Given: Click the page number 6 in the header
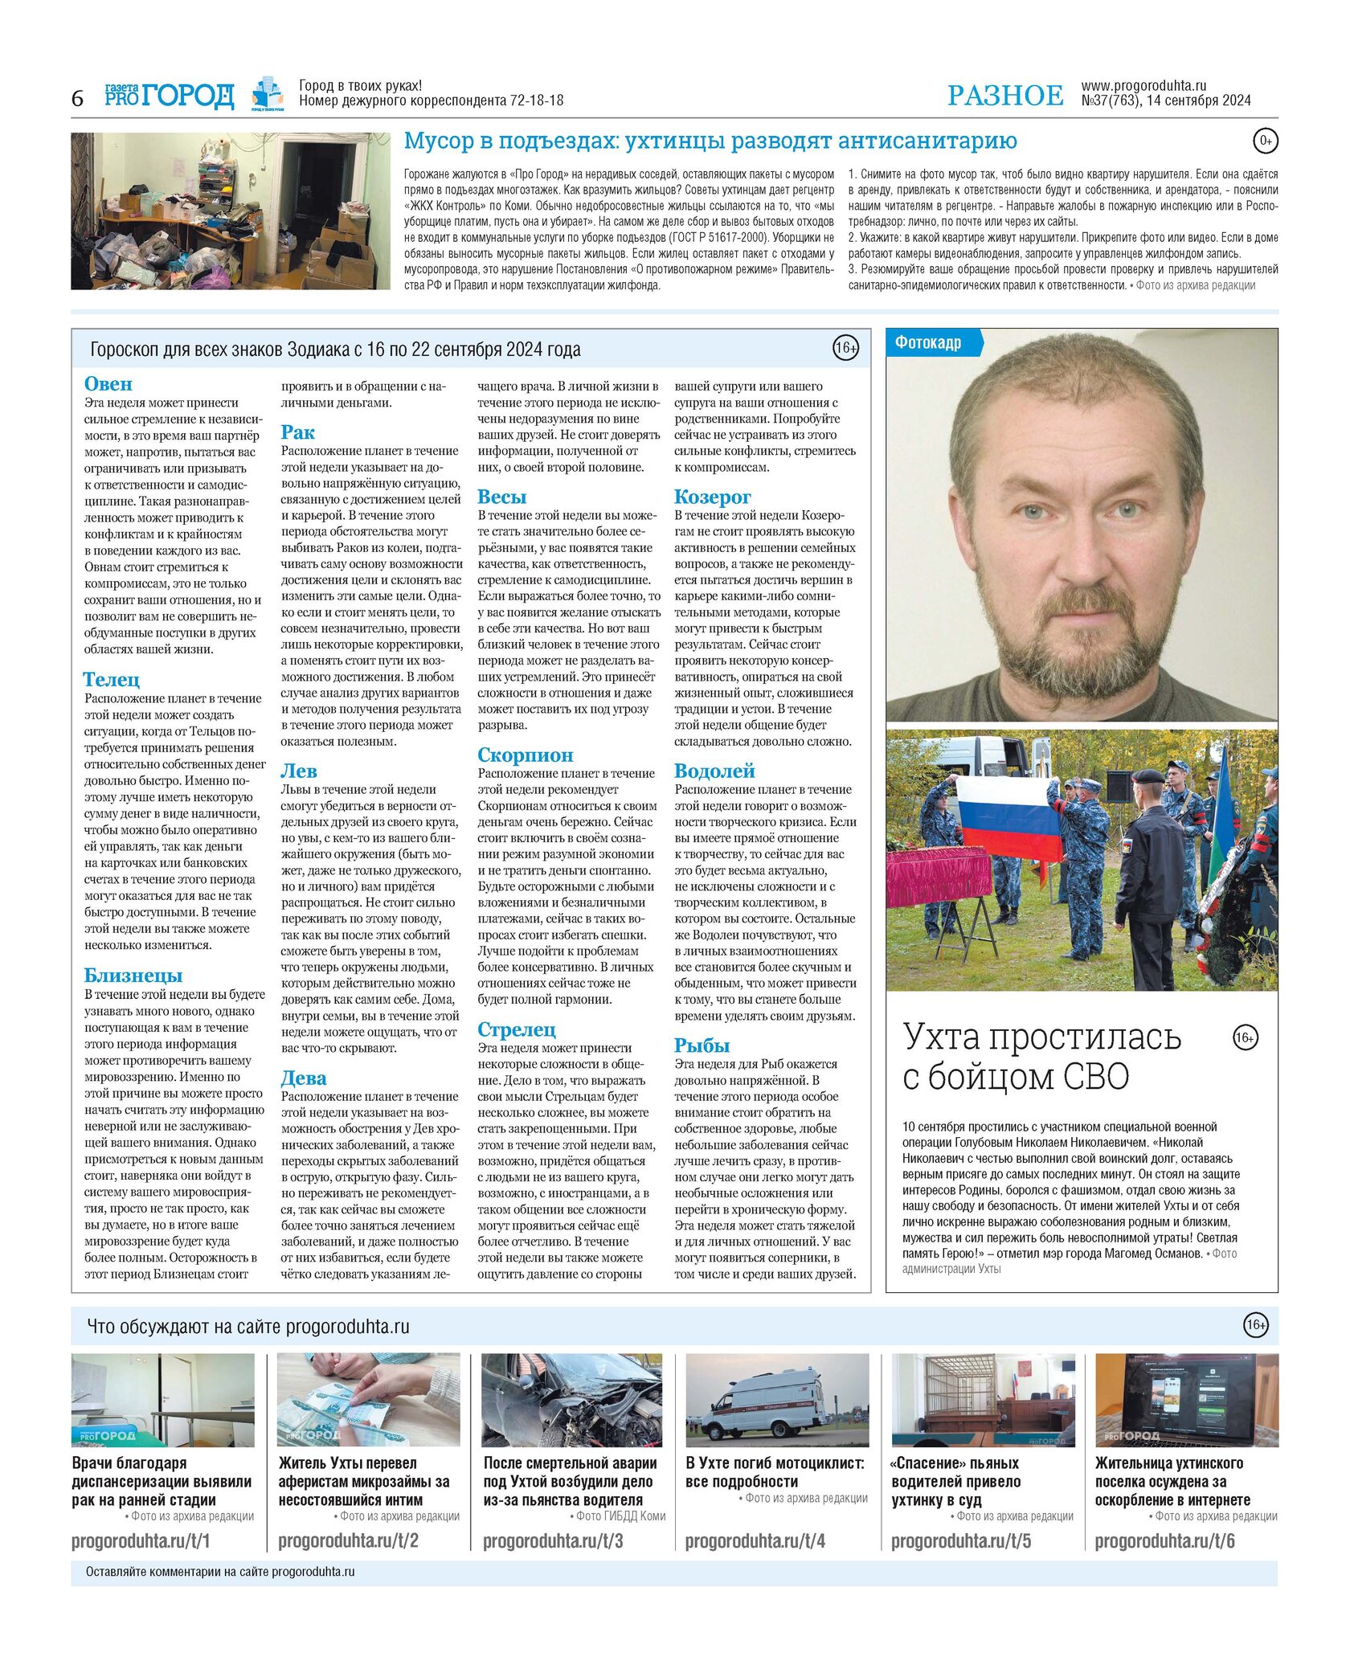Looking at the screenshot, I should (77, 98).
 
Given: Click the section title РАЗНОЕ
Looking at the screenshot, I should (1004, 96).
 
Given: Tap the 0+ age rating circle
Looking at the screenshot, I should (1266, 141).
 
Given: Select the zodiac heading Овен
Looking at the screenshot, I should (108, 384).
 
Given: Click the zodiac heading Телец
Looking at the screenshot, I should (112, 680).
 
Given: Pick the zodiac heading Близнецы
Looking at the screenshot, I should (133, 976).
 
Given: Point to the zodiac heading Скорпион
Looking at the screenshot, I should (526, 755).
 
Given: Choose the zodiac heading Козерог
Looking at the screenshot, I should (713, 497).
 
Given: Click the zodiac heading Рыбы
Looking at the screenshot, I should (702, 1045).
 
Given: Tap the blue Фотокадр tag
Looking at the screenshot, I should (930, 343).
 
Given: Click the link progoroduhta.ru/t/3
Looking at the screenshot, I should (553, 1541).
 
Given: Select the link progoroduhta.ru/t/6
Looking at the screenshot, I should (1164, 1541).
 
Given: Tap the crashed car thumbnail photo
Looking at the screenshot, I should (572, 1401).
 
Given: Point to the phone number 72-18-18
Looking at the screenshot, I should (536, 101).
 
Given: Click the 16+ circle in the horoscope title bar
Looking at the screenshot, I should (845, 349).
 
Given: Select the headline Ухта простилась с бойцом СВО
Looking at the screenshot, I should (1041, 1057).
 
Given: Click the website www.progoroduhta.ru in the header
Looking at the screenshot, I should (1143, 86).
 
